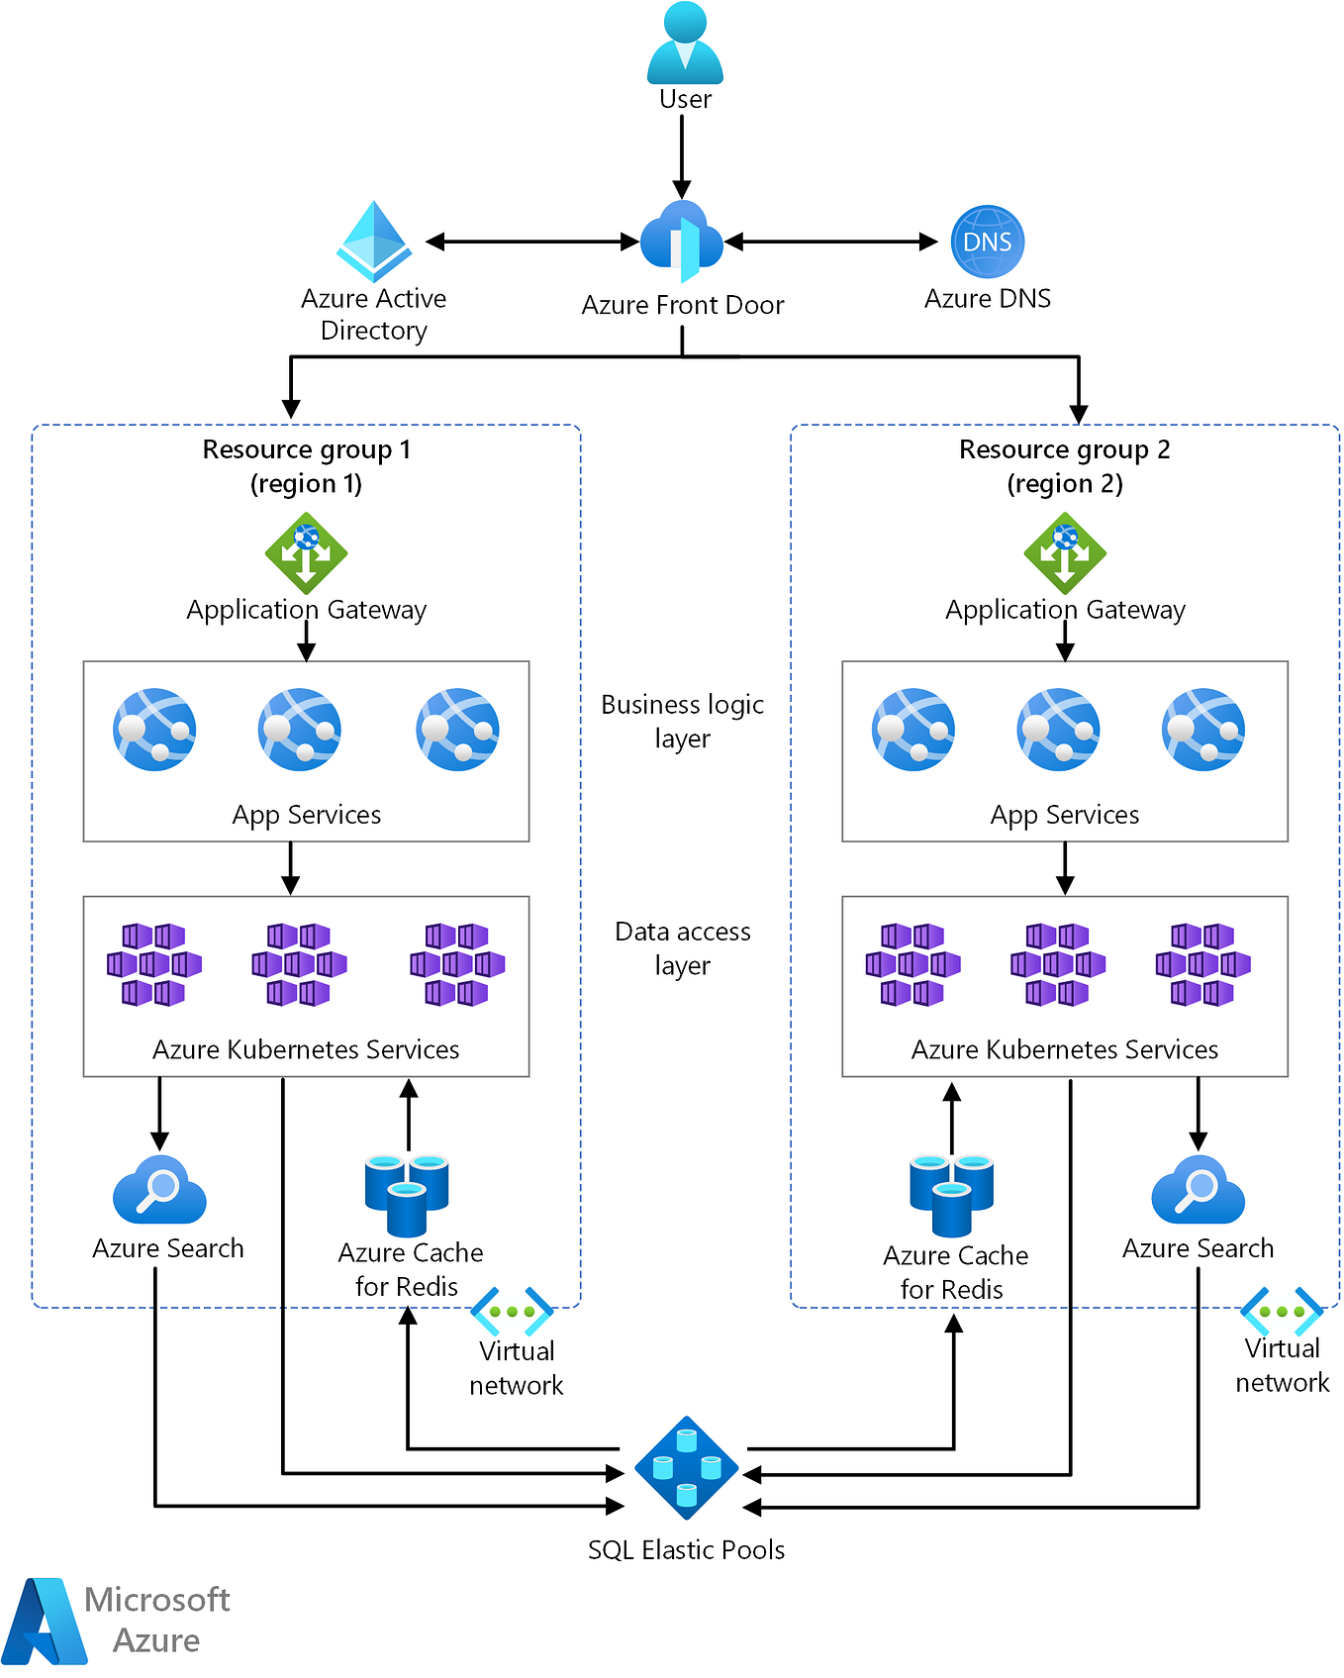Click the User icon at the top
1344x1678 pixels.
(x=685, y=44)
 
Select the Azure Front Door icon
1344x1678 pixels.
(x=682, y=241)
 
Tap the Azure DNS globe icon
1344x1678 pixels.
(x=987, y=242)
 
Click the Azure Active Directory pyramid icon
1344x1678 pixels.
(x=374, y=242)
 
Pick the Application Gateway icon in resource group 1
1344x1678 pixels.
(x=306, y=553)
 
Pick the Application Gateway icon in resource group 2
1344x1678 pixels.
(x=1065, y=553)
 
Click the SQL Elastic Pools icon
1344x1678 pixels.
(x=686, y=1468)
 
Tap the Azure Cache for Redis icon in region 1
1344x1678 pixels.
(x=407, y=1194)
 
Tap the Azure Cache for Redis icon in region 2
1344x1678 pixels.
(x=951, y=1195)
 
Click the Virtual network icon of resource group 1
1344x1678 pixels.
(x=512, y=1312)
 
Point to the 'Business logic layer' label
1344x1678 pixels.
(x=682, y=721)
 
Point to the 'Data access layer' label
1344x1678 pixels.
(x=682, y=947)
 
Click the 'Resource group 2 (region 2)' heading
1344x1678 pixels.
(x=1065, y=466)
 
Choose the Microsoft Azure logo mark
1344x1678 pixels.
(x=46, y=1621)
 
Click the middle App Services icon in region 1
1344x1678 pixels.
(x=299, y=730)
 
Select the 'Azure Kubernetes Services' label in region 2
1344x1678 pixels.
(x=1065, y=1049)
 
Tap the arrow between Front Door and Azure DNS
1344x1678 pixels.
(x=831, y=241)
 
